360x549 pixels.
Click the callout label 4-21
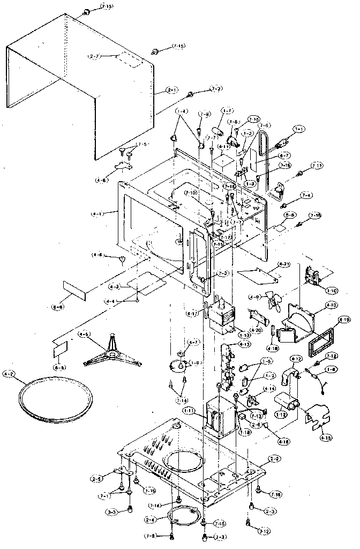pyautogui.click(x=284, y=265)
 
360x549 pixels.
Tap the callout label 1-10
pyautogui.click(x=332, y=289)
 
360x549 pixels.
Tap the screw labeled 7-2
pyautogui.click(x=191, y=95)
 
